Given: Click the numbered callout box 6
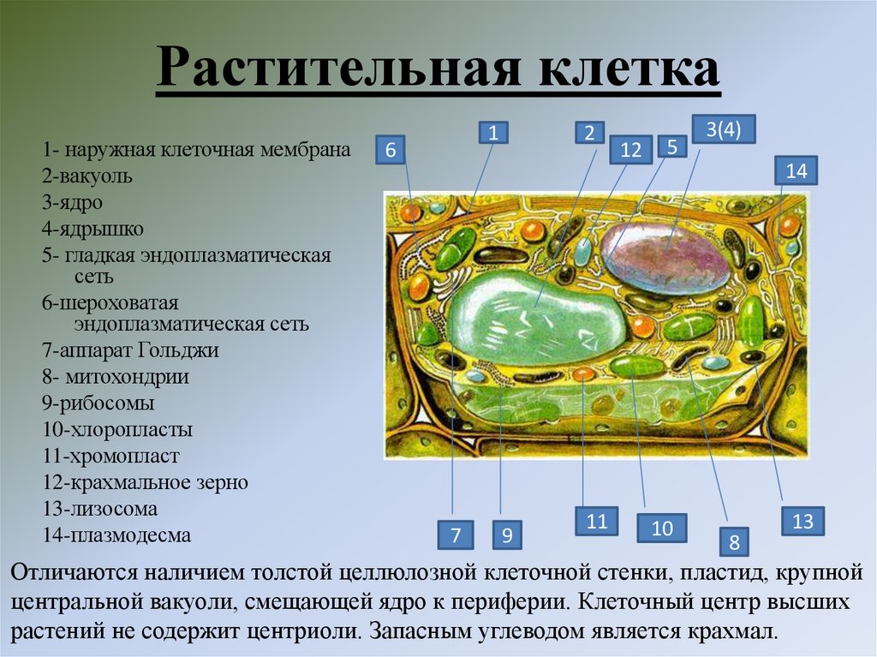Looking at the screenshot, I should (391, 151).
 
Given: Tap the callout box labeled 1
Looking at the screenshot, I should (493, 132).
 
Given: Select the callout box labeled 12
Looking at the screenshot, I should (631, 151).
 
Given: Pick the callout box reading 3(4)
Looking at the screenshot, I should (717, 130).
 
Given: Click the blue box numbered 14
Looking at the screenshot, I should (796, 170).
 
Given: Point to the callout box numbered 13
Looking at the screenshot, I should (802, 521).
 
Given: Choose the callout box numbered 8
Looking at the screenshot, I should (734, 541).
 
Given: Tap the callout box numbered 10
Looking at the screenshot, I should (662, 529).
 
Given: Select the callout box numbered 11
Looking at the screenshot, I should (596, 520).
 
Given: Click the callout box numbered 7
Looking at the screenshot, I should (456, 536).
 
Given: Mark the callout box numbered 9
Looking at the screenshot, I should (507, 536).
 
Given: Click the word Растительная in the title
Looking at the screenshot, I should (338, 69).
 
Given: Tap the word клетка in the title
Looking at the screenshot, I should (629, 69).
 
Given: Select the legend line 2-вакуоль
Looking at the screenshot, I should (87, 176).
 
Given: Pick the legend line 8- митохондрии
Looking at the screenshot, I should (116, 376).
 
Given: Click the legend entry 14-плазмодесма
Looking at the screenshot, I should (116, 535).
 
